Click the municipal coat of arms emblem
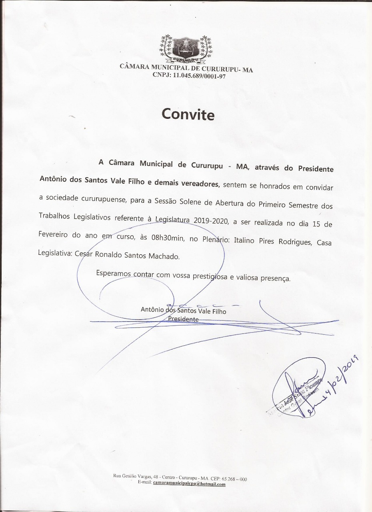[x=186, y=49]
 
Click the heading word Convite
[x=188, y=114]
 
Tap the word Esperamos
[x=113, y=274]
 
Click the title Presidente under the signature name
[x=183, y=319]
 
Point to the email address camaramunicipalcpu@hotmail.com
[x=189, y=484]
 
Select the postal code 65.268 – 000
[x=234, y=479]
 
